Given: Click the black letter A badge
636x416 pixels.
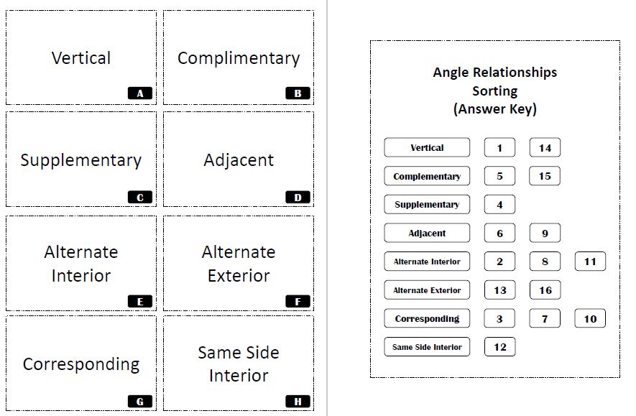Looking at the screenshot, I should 139,93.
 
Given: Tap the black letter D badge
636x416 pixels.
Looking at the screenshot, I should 298,197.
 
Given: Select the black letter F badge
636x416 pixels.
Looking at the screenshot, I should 298,302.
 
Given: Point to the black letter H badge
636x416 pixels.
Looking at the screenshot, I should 298,402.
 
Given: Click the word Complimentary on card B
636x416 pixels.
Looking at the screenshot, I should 239,58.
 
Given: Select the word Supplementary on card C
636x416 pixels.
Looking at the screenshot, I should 80,160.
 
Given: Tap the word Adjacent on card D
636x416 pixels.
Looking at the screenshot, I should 239,160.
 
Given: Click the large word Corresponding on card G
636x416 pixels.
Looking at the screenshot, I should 80,364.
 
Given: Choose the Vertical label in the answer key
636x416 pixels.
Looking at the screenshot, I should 427,148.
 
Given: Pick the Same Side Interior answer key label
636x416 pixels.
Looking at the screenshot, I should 427,347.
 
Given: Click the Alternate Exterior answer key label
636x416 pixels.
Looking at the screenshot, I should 427,290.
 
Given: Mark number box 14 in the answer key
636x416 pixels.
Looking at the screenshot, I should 545,148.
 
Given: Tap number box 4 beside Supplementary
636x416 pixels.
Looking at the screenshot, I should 499,205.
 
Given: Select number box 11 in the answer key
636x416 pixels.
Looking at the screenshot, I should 590,262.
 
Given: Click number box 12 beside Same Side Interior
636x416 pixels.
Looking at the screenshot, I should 499,347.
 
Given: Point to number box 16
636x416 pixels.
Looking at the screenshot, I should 545,290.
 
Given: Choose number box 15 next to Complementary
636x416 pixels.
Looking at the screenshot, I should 545,176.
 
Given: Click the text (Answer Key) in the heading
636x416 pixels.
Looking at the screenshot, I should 494,109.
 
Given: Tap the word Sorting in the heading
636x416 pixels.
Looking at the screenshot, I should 494,91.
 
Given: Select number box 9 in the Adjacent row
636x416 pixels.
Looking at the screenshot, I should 545,234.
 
